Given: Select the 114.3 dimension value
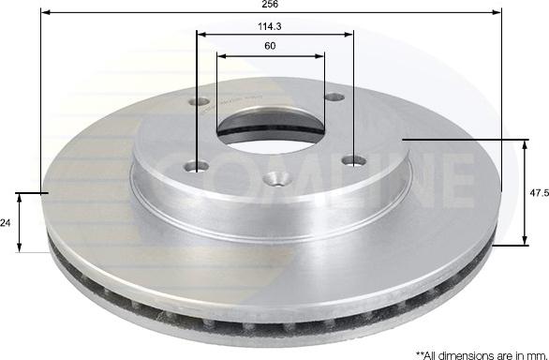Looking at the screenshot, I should (272, 26).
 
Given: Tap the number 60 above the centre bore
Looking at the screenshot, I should (270, 46).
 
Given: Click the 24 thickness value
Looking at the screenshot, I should (7, 222).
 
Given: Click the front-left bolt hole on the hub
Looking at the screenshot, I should (196, 167).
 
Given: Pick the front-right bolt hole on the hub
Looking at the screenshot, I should (353, 159).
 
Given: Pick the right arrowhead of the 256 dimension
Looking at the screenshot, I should (496, 14).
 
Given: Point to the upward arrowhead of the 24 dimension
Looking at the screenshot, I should (22, 198).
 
